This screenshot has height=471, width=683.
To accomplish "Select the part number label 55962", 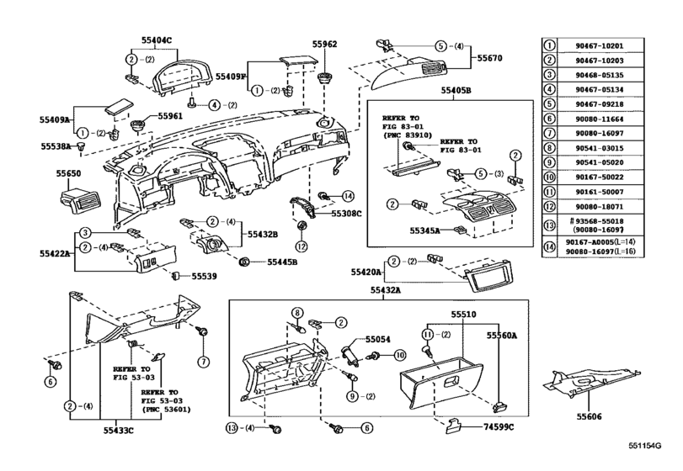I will [323, 44].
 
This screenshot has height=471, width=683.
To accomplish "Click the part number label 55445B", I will [284, 262].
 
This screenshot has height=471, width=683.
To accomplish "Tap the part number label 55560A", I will [503, 335].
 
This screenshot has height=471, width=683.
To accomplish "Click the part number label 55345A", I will [425, 229].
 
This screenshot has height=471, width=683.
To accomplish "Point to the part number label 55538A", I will [56, 146].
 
